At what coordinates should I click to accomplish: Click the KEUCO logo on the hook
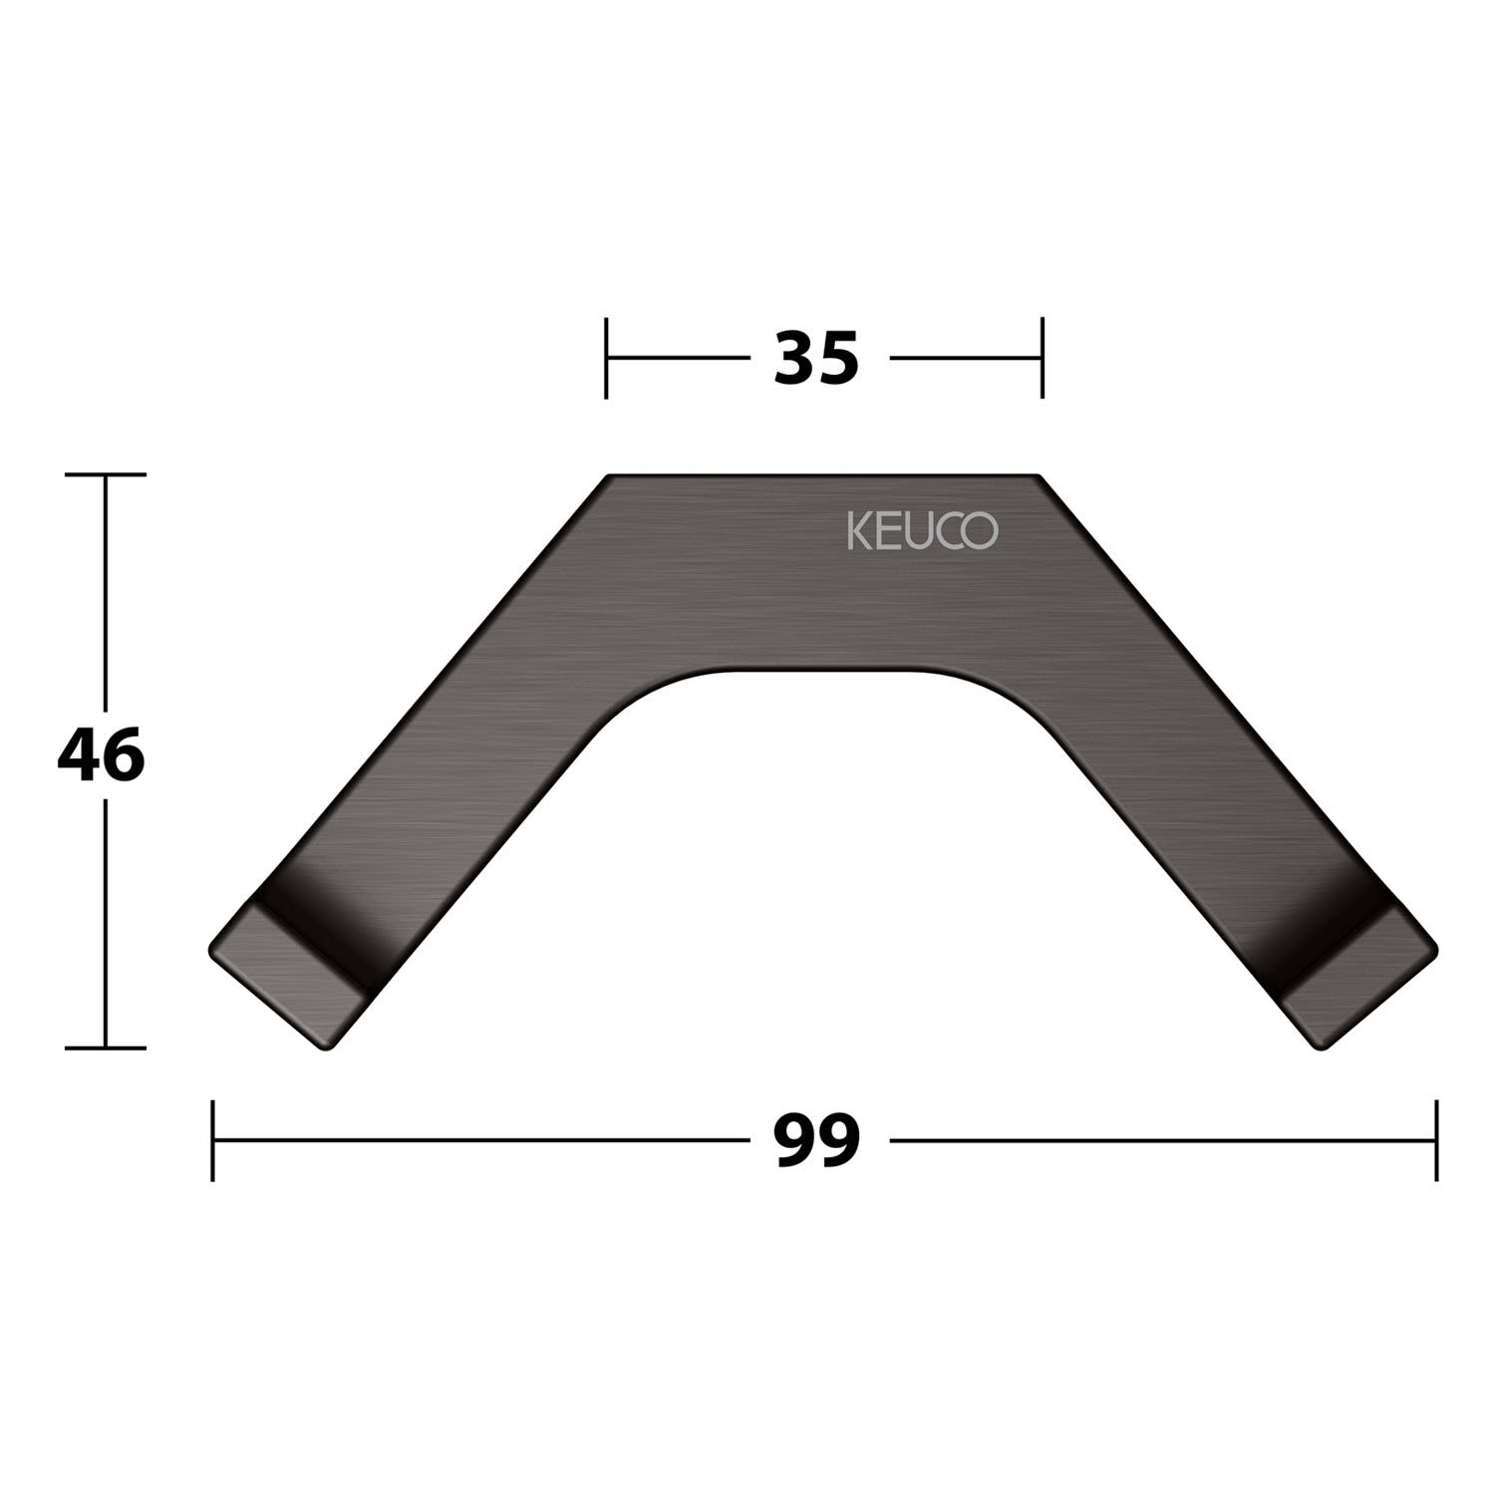[922, 530]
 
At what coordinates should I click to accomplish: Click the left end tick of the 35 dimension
[606, 358]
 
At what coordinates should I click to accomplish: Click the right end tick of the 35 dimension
[1042, 358]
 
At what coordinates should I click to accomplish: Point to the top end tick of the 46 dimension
[105, 474]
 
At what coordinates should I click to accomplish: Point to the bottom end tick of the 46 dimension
[105, 1047]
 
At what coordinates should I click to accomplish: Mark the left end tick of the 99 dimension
[213, 1140]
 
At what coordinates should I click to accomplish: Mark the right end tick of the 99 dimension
[1436, 1140]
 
